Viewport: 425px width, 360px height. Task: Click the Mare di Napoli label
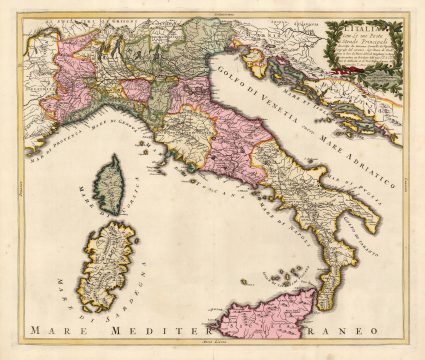point(259,225)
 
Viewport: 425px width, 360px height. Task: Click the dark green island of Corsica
point(106,180)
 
